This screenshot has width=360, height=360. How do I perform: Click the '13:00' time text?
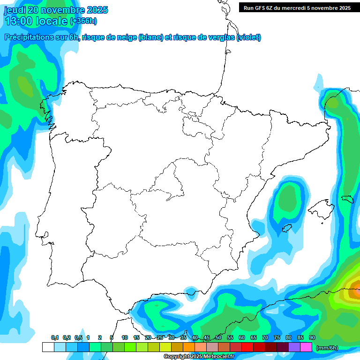coord(19,21)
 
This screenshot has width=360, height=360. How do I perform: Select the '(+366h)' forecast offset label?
coord(83,21)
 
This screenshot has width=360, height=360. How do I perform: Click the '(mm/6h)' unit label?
coord(327,348)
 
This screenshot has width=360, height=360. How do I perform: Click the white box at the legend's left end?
coord(48,347)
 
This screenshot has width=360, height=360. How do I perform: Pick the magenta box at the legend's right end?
coord(306,347)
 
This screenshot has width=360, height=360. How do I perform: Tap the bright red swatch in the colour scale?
coord(247,347)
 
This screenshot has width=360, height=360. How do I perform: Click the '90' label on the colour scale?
coord(312,337)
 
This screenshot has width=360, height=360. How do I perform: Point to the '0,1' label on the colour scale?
coord(55,337)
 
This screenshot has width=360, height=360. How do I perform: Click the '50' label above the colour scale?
coord(218,337)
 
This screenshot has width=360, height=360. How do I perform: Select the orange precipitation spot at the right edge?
coord(356,285)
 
